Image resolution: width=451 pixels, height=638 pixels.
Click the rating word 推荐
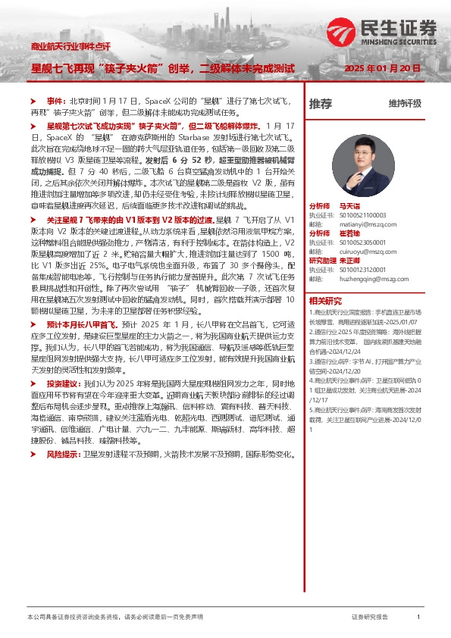pyautogui.click(x=321, y=104)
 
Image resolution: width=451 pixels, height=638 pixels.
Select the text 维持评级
pyautogui.click(x=405, y=104)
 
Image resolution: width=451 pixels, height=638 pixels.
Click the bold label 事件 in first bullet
pyautogui.click(x=56, y=101)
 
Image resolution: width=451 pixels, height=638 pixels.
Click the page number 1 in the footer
pyautogui.click(x=418, y=618)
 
